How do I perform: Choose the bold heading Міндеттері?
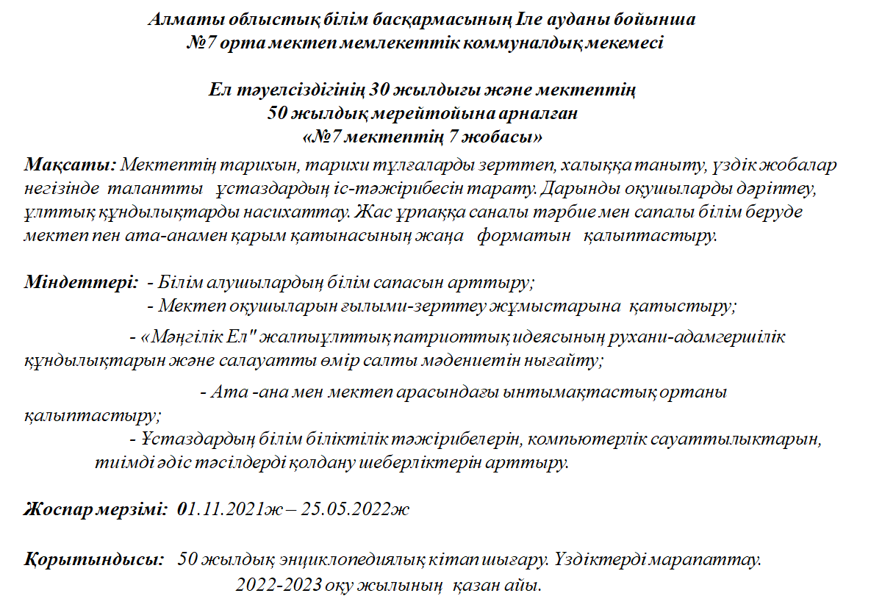(x=79, y=281)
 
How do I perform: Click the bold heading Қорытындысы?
(x=94, y=561)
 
